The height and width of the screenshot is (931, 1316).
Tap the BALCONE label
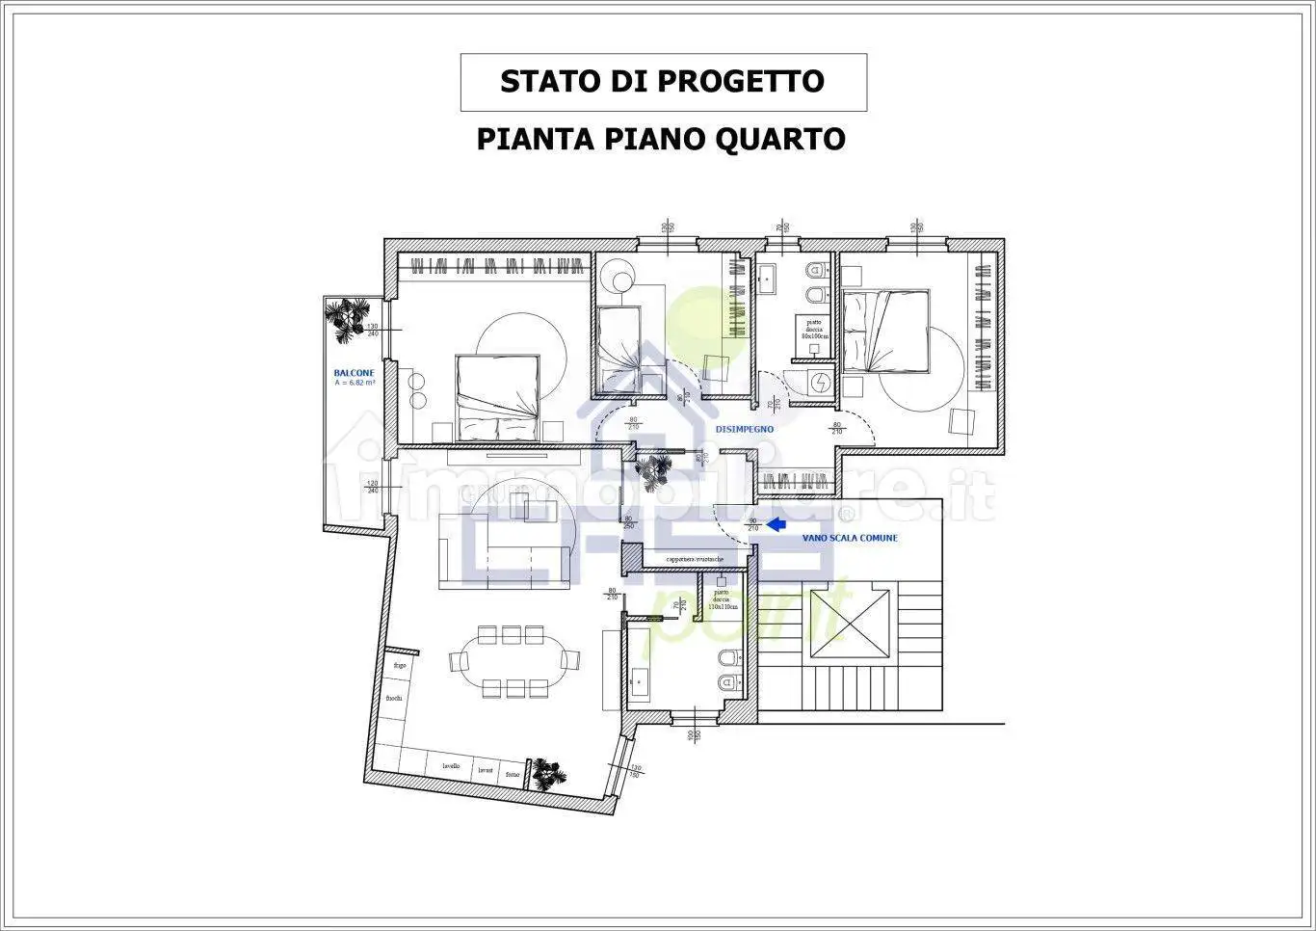pos(354,373)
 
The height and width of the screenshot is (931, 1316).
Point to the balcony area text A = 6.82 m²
pos(355,383)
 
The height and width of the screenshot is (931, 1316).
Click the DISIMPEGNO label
pos(745,429)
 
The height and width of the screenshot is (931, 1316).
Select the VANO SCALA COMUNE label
pos(849,538)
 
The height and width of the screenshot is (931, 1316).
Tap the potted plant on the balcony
pos(347,318)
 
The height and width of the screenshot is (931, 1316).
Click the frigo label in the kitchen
pos(399,666)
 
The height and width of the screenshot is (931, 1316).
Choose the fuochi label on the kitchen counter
pos(394,698)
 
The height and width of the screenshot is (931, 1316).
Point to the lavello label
pos(451,767)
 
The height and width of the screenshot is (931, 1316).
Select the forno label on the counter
pos(513,775)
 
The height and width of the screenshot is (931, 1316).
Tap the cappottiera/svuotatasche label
pos(701,559)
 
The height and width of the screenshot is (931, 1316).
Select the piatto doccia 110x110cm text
pos(722,599)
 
